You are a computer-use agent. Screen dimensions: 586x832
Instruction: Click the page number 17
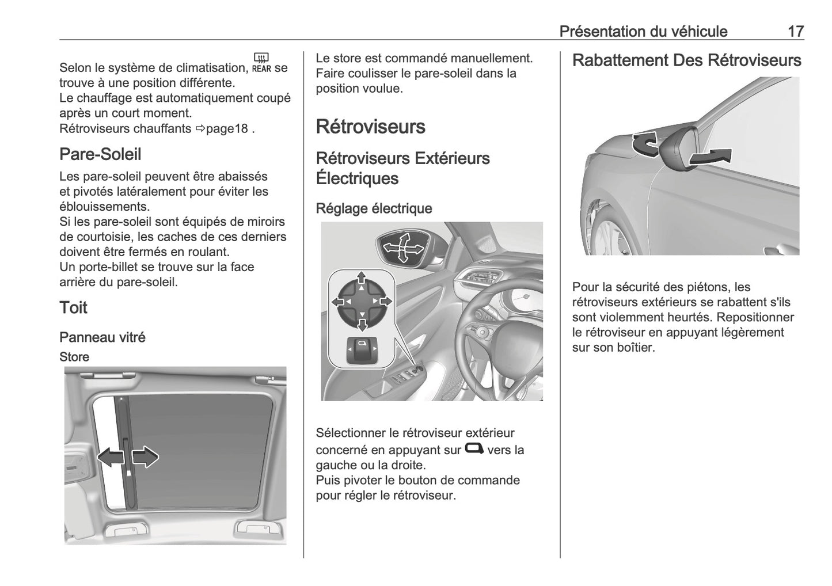(795, 31)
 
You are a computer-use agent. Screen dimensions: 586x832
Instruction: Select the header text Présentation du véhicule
(643, 31)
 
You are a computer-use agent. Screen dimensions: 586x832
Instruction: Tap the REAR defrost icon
(261, 63)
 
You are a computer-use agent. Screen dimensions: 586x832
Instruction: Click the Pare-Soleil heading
(100, 154)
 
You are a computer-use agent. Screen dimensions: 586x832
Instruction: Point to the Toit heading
(73, 307)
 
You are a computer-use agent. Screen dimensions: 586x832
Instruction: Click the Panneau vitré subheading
(102, 337)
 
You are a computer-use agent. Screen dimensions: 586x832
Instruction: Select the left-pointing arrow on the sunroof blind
(111, 457)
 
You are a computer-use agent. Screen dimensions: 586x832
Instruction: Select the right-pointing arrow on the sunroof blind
(145, 457)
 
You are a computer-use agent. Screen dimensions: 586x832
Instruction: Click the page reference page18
(226, 128)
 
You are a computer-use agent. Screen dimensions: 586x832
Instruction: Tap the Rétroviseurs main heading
(370, 127)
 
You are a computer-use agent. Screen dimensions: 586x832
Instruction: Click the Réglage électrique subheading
(374, 208)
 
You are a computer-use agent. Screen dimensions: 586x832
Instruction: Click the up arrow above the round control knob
(361, 277)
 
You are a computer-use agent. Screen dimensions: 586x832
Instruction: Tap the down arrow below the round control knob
(362, 325)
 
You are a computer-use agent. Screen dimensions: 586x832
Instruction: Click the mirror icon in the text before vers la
(474, 448)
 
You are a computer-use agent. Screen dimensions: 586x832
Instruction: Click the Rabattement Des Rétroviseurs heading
(686, 60)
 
